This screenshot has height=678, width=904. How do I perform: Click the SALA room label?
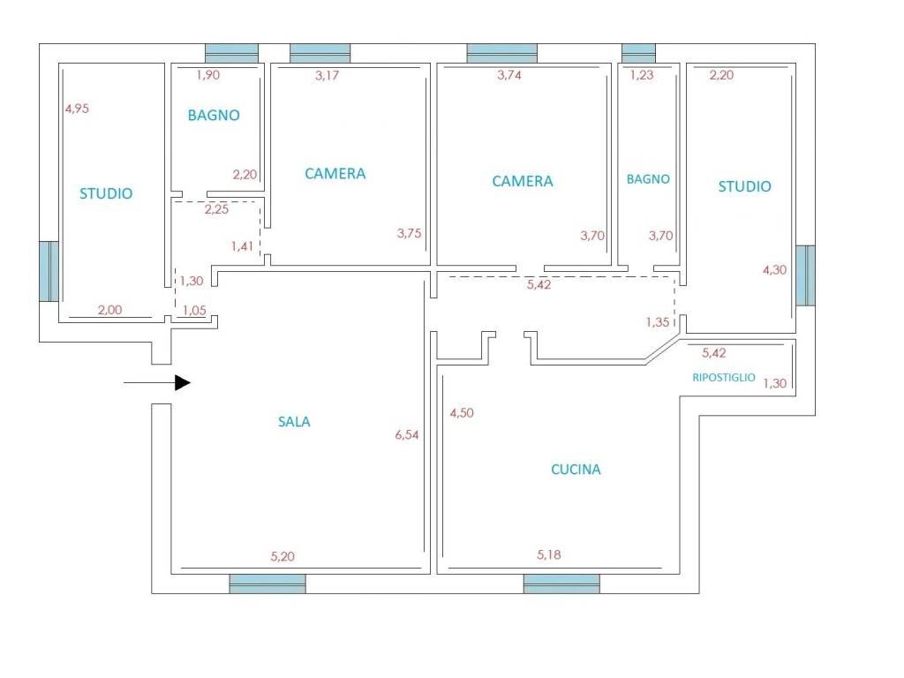click(x=294, y=422)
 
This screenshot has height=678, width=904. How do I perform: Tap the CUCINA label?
click(x=576, y=470)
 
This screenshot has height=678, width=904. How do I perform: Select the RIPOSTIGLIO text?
click(x=724, y=378)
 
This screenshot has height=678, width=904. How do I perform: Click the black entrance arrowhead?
click(x=183, y=383)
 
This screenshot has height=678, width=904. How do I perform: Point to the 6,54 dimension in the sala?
click(x=407, y=434)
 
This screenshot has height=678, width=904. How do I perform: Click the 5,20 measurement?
click(x=282, y=556)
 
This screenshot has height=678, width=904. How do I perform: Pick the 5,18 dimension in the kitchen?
click(x=549, y=554)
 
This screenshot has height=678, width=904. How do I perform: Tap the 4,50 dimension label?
click(x=462, y=413)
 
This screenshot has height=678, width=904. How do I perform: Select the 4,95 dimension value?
click(x=78, y=109)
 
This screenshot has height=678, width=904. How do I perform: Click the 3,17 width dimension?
click(x=328, y=76)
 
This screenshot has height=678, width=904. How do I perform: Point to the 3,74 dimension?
click(x=509, y=75)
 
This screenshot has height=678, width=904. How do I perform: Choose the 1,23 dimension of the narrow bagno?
click(x=642, y=75)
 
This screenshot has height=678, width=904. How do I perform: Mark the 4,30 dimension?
click(x=775, y=270)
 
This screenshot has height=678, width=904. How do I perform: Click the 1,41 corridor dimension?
click(x=242, y=246)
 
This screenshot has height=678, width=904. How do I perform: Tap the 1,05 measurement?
click(x=194, y=310)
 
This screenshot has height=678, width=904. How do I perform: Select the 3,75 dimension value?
click(x=410, y=233)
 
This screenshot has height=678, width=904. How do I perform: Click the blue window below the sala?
click(x=267, y=584)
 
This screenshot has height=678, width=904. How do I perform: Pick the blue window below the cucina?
click(x=561, y=584)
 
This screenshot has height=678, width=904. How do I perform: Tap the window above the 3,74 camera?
click(x=501, y=53)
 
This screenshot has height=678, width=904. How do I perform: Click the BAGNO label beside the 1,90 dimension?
click(x=214, y=116)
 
